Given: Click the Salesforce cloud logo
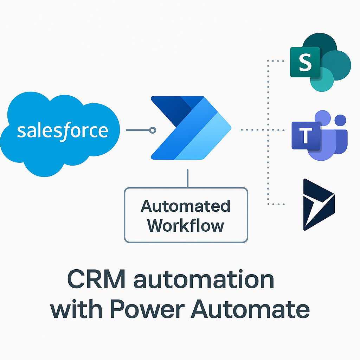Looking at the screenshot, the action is [60, 134].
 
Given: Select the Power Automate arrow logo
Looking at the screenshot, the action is [191, 128].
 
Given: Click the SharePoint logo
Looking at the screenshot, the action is [321, 63].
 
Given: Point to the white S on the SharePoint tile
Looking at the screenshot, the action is [305, 62].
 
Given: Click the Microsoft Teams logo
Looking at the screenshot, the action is [320, 135].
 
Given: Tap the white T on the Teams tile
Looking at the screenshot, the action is [306, 135].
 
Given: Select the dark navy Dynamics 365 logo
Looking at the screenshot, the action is [319, 205].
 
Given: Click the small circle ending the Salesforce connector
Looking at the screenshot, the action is [153, 130].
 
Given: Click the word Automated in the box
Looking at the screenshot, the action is [185, 206].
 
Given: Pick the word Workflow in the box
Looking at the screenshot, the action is [185, 226].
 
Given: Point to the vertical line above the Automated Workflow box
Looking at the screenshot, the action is [188, 178].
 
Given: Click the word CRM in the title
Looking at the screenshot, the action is [96, 279].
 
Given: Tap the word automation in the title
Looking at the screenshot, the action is [204, 279].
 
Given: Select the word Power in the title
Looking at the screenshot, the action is [148, 309].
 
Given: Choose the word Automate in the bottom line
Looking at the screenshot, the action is [250, 309].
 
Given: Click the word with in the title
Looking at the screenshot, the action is [76, 309].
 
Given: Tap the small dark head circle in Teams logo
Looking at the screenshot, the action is [340, 120].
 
